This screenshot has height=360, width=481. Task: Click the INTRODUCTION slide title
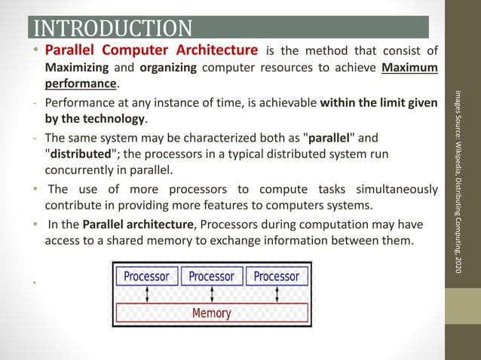[113, 29]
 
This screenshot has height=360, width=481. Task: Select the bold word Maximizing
[78, 68]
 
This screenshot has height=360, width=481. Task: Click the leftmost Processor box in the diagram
[146, 276]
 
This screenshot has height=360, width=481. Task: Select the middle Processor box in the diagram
[211, 276]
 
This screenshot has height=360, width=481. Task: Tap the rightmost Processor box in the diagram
[276, 276]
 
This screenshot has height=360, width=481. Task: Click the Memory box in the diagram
[212, 313]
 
